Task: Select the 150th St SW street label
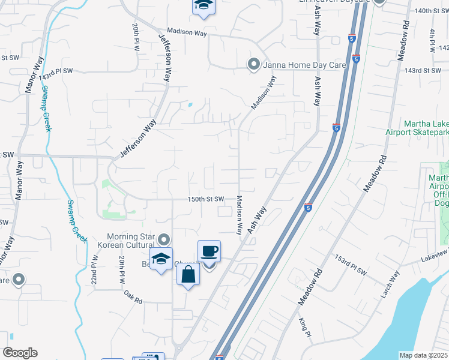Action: pos(206,199)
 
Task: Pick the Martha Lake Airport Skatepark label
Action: pos(426,128)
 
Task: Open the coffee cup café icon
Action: pos(209,251)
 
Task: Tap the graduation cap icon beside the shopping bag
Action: pos(161,259)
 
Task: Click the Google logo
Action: pos(20,352)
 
